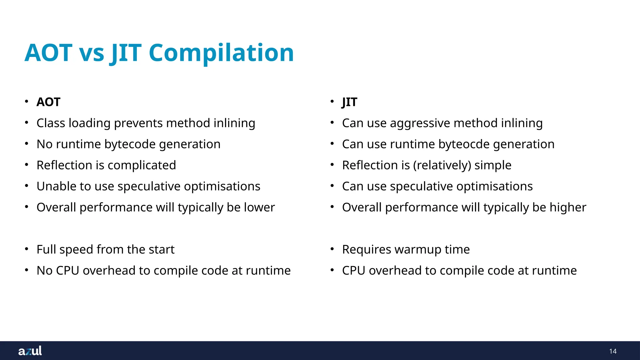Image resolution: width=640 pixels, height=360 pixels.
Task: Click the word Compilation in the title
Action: [221, 53]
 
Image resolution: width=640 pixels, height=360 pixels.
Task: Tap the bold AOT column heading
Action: [48, 102]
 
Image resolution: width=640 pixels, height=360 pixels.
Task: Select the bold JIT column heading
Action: [349, 102]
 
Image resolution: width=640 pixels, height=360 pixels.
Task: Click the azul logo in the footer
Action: [30, 351]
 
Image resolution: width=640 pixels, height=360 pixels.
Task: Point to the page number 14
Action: [612, 351]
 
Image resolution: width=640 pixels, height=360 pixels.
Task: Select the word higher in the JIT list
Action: [568, 207]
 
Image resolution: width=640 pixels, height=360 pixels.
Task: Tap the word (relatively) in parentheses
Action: [442, 165]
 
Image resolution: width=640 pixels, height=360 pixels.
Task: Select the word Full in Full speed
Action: [46, 250]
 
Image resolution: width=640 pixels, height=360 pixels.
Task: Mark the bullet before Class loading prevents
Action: [27, 122]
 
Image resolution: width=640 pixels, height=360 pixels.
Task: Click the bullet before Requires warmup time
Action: [332, 249]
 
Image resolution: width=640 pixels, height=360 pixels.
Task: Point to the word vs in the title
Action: [92, 53]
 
